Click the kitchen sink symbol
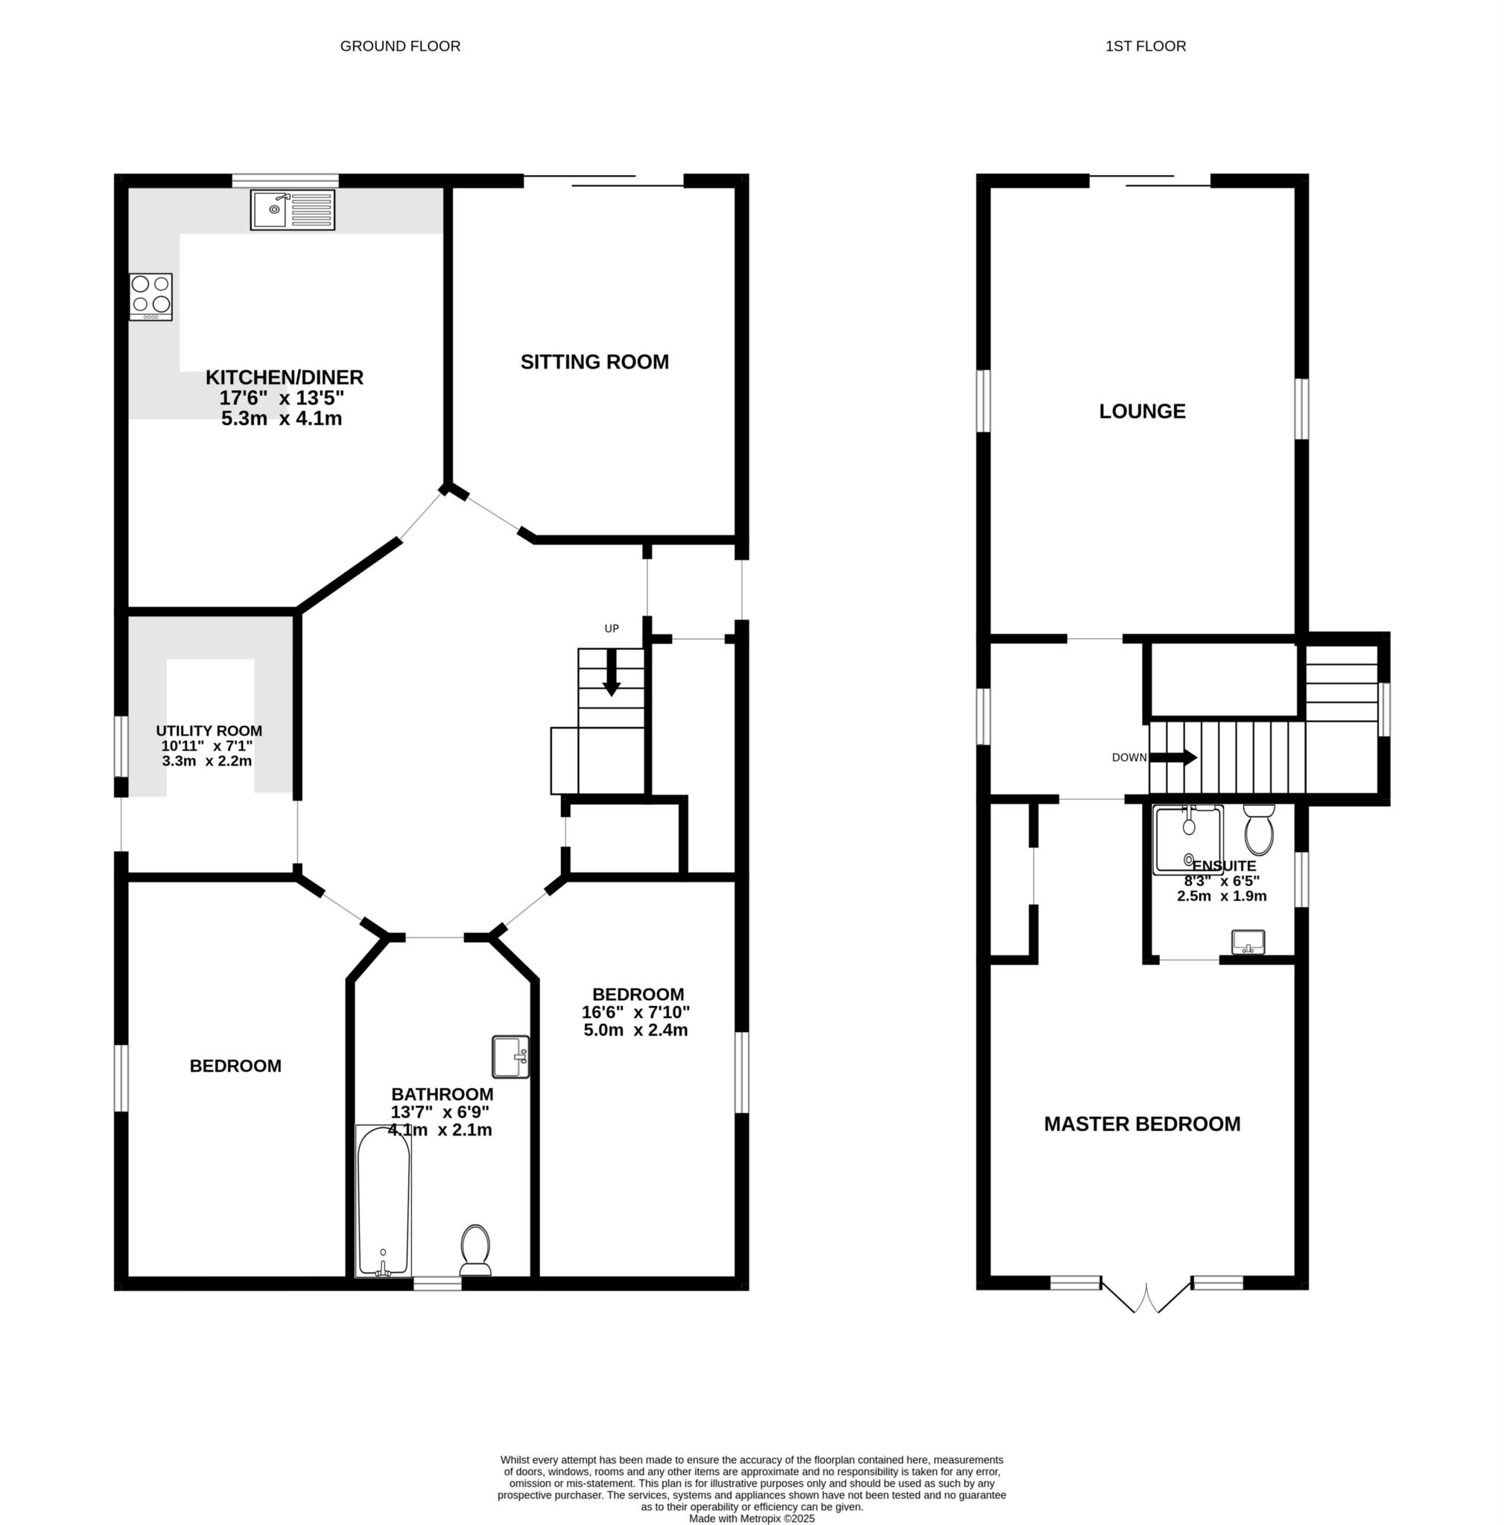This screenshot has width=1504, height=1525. (292, 210)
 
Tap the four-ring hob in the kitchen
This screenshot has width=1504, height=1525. (150, 296)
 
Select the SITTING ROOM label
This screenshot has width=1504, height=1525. (594, 361)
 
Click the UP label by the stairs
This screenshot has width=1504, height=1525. (612, 628)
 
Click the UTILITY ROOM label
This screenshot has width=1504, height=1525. (209, 731)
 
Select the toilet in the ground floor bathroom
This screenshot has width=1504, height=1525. (475, 1250)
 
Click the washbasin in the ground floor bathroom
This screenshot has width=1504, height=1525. (511, 1056)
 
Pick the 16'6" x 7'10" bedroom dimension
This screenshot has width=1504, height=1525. (635, 1012)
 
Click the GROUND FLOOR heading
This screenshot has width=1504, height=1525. (400, 45)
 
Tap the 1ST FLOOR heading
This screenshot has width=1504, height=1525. (1146, 45)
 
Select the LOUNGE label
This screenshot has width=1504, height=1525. (1143, 411)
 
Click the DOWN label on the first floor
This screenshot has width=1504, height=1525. (1129, 757)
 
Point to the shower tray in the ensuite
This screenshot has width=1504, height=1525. (1188, 839)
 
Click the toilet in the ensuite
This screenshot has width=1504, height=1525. (1258, 830)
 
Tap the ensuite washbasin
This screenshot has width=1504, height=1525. (1248, 942)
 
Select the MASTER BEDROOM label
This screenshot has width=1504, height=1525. (1143, 1124)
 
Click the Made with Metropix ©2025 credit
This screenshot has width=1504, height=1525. (752, 1518)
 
